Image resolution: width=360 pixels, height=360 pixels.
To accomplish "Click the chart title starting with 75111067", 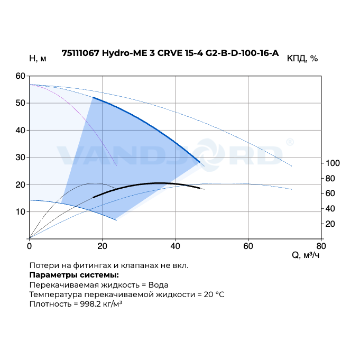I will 170,53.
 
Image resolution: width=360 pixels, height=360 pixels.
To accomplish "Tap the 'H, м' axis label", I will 38,59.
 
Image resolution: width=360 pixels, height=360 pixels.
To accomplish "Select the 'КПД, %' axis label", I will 302,59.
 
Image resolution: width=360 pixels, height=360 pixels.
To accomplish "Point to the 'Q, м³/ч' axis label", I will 306,256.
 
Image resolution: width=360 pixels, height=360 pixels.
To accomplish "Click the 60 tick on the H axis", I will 21,76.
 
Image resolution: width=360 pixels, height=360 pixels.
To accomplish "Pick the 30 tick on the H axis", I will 21,157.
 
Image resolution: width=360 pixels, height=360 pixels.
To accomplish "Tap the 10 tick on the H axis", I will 21,211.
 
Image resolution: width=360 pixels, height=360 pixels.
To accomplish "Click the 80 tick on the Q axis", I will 321,246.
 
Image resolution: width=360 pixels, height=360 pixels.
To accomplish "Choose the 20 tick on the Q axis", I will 102,246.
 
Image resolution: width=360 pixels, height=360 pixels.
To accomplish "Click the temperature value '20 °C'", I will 214,294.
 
